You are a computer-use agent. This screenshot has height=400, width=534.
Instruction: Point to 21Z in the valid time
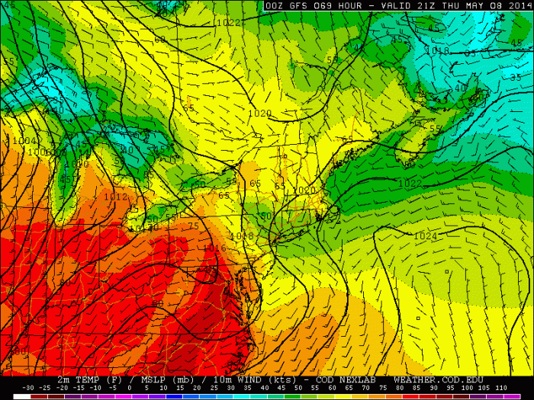(421, 5)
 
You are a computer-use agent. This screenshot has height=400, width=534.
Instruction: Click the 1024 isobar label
(425, 236)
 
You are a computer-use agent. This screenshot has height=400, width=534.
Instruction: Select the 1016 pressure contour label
(214, 248)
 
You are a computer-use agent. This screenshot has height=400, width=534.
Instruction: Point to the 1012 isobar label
(116, 196)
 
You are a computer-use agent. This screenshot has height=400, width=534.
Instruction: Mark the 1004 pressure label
(24, 141)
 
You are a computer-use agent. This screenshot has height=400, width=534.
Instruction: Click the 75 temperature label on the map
(193, 226)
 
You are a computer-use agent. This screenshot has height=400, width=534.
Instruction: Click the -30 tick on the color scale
(29, 388)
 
